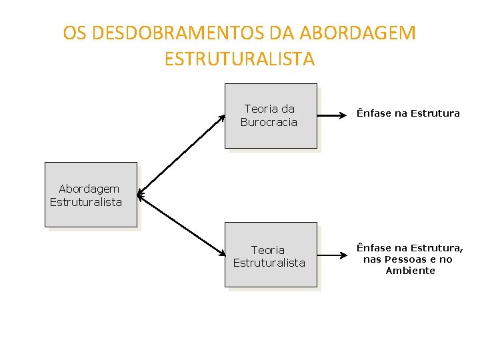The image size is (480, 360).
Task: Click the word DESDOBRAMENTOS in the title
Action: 177,33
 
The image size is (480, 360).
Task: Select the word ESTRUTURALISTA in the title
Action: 239,59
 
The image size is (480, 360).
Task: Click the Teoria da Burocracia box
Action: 270,115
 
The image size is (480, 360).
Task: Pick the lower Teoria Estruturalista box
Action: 270,255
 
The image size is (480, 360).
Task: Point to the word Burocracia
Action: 269,122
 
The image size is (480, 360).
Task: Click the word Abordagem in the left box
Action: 89,189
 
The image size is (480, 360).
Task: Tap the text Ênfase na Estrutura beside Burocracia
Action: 408,113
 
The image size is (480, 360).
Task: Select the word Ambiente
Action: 410,271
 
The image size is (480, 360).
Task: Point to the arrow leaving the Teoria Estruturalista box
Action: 333,254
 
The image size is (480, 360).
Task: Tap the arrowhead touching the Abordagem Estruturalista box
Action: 140,195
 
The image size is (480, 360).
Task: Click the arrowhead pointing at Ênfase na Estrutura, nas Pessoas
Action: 349,254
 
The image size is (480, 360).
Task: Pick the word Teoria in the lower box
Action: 268,250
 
